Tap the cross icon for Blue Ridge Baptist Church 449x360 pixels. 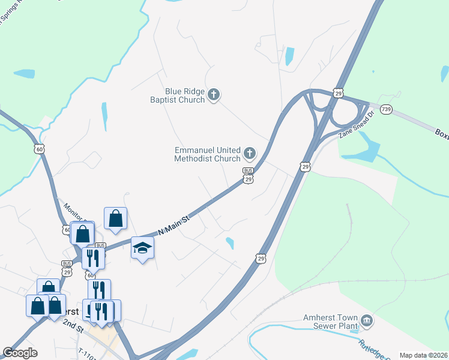pyautogui.click(x=214, y=94)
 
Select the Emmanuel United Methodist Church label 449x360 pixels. pyautogui.click(x=208, y=154)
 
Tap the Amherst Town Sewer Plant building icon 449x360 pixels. pyautogui.click(x=367, y=322)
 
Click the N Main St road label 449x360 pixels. pyautogui.click(x=173, y=227)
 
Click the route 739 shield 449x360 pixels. pyautogui.click(x=385, y=110)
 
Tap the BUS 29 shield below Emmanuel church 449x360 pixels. pyautogui.click(x=247, y=175)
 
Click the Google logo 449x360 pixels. pyautogui.click(x=20, y=353)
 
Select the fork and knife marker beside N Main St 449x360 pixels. pyautogui.click(x=92, y=257)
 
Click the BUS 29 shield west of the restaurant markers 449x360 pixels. pyautogui.click(x=67, y=268)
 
